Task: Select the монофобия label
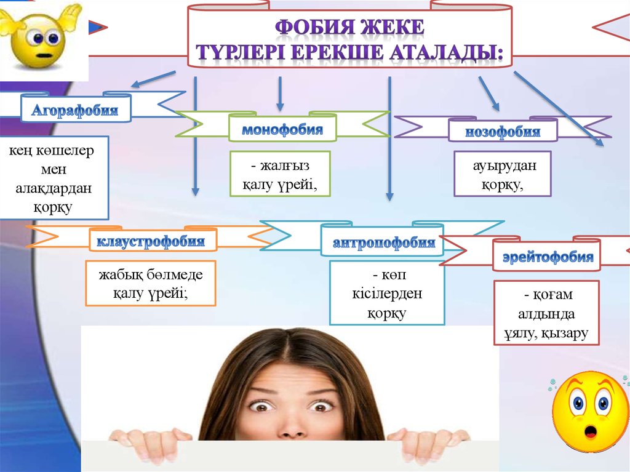[x=282, y=130]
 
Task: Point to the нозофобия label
[x=503, y=131]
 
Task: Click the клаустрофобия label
[x=154, y=241]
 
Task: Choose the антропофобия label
[x=384, y=242]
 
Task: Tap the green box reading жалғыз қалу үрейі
[x=280, y=174]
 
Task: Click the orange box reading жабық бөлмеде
[x=150, y=282]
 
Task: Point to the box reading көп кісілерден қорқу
[x=387, y=293]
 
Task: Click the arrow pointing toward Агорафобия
[x=154, y=79]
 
